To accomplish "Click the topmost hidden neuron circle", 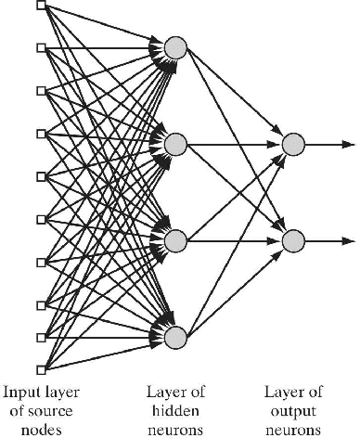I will tap(175, 48).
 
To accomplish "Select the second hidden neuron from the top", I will tap(175, 144).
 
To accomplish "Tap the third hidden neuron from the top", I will tap(175, 240).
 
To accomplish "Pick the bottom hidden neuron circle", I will tap(175, 336).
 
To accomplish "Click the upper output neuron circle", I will tap(293, 144).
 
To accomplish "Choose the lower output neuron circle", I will tap(293, 240).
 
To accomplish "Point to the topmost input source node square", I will tap(40, 6).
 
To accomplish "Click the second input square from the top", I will tap(40, 47).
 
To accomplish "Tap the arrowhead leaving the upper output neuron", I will tap(347, 144).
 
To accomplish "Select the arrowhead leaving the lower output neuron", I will tap(347, 240).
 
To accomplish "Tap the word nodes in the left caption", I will tap(40, 430).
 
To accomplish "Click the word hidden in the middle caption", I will tap(175, 410).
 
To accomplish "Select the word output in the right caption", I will tap(293, 410).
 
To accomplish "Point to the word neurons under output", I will tap(293, 430).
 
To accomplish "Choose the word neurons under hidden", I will tap(175, 430).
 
